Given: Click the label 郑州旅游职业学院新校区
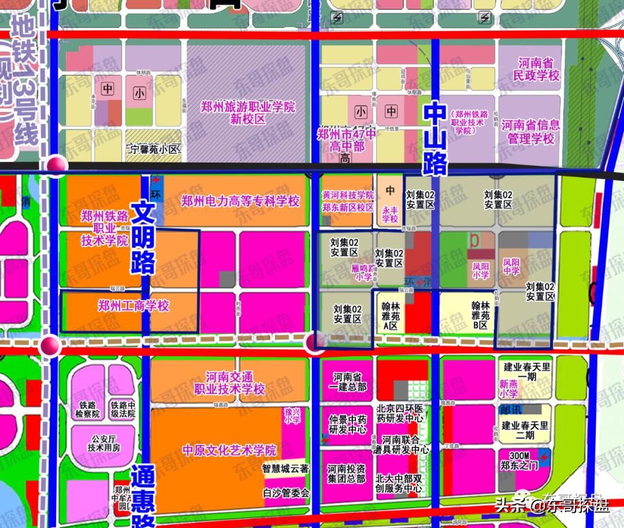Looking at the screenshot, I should tap(248, 113).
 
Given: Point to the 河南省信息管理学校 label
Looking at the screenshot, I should tap(530, 132).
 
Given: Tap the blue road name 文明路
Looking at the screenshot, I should tap(143, 237).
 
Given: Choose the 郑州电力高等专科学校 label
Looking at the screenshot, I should tap(240, 201).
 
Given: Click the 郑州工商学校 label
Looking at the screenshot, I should tap(133, 305).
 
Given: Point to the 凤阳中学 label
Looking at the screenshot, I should tap(511, 266).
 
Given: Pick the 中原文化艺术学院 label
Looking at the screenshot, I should tap(229, 450).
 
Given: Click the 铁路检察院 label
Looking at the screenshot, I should tap(87, 409).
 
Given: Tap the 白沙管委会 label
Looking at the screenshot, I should tap(286, 493).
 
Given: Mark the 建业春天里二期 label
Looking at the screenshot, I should tap(525, 430).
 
